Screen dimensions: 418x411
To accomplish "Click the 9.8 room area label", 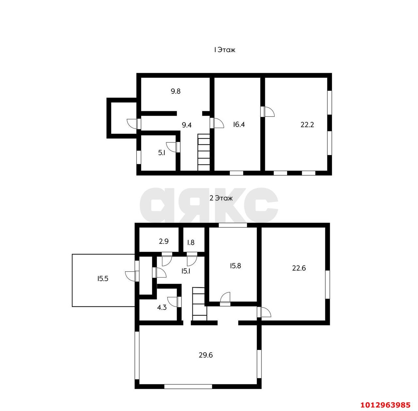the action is click(x=175, y=91).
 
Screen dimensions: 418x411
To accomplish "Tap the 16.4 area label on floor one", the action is click(x=239, y=124).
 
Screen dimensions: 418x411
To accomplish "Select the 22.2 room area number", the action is click(x=307, y=125).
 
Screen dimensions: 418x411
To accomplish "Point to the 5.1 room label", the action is click(x=162, y=153).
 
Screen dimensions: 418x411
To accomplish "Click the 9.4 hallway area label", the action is click(x=186, y=125).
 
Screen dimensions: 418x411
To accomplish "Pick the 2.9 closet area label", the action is click(x=164, y=241).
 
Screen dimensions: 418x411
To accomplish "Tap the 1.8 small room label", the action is click(x=191, y=243).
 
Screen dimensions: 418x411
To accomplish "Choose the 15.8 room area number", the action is click(x=235, y=266).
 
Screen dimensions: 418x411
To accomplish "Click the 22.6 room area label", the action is click(x=299, y=268).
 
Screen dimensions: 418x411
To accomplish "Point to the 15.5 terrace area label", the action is click(x=103, y=278).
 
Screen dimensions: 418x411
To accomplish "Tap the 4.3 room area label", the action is click(x=162, y=307).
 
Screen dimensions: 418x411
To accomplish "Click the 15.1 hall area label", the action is click(x=186, y=271).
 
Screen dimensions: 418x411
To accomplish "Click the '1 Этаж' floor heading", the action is click(x=224, y=50).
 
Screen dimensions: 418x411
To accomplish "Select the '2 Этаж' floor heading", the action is click(x=221, y=198).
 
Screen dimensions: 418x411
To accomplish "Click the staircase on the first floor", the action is click(x=204, y=152).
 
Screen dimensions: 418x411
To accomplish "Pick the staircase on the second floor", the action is click(x=199, y=304).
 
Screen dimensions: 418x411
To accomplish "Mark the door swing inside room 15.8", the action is click(x=225, y=297).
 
